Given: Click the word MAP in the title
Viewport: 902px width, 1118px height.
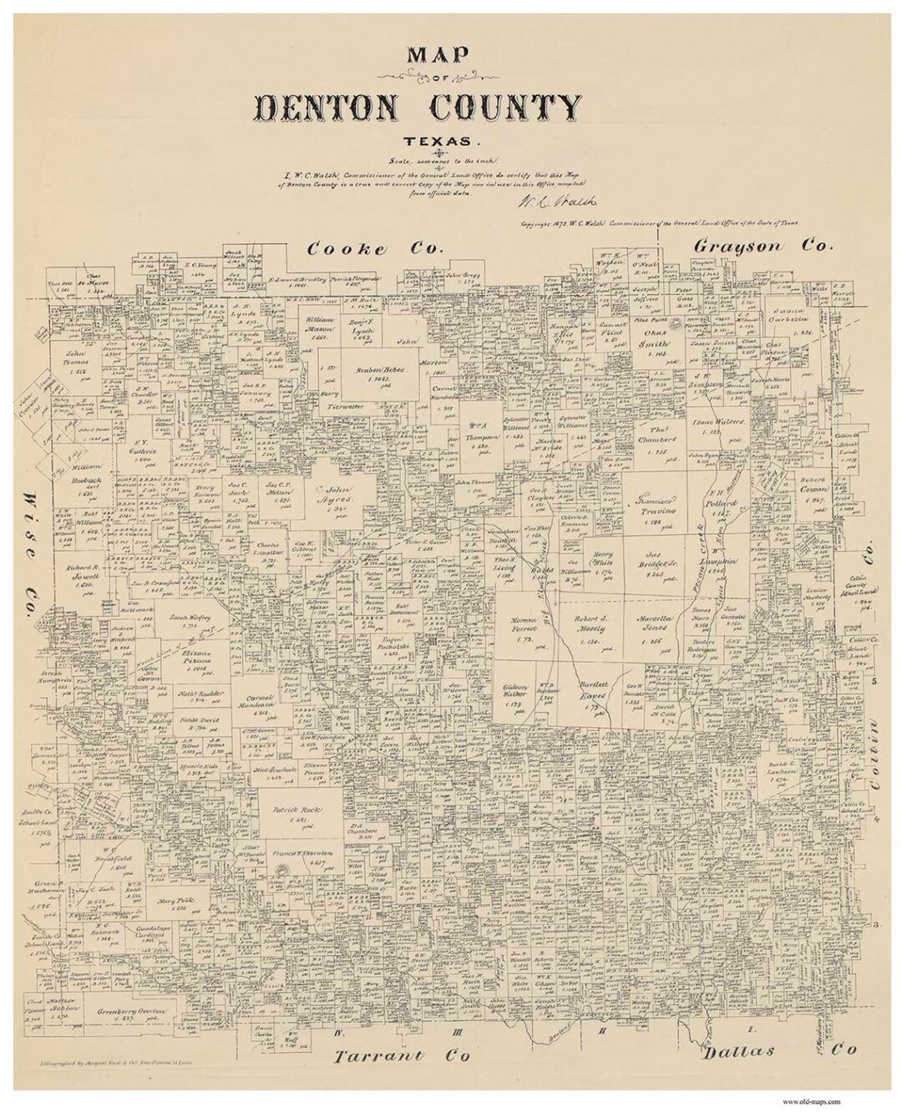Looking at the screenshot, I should tap(451, 56).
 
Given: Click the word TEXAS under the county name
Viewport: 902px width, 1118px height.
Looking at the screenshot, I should tap(451, 141).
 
